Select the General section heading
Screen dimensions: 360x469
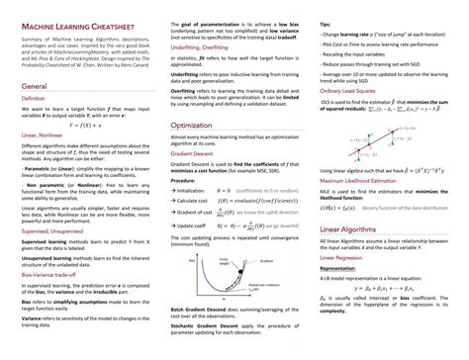(x=36, y=86)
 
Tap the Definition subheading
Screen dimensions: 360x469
(x=34, y=100)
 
